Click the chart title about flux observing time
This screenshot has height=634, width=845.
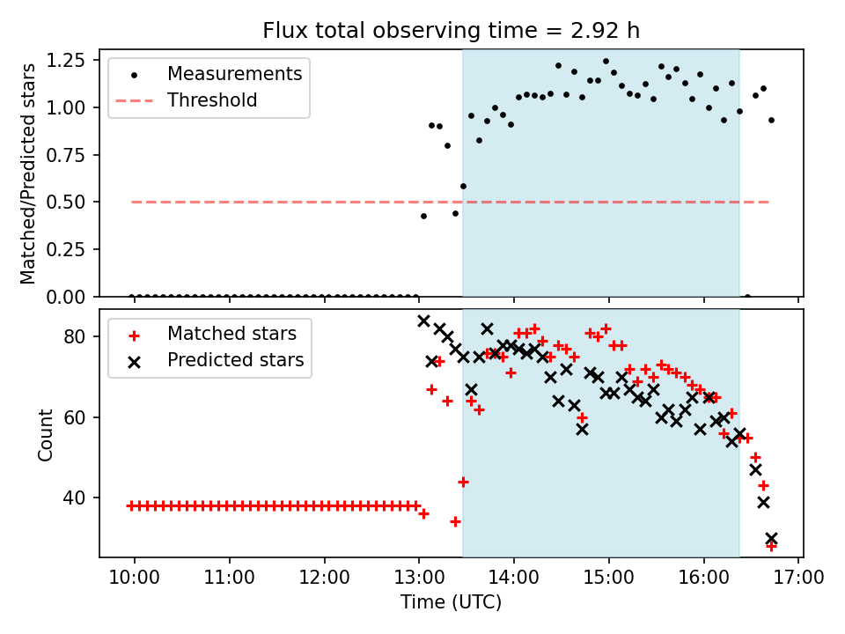tap(451, 31)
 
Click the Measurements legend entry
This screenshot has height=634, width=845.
tap(234, 73)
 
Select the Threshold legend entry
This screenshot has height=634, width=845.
tap(212, 100)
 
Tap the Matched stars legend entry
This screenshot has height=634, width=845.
tap(231, 334)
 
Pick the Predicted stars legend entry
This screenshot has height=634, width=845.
tap(235, 360)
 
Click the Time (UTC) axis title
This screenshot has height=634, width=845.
tap(451, 603)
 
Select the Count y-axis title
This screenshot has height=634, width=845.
tap(45, 434)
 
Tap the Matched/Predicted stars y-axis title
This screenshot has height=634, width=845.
tap(28, 173)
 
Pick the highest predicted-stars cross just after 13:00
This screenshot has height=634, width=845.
tap(423, 321)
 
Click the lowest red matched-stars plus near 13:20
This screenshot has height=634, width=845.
tap(455, 521)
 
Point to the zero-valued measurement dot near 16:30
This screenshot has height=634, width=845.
tap(747, 297)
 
